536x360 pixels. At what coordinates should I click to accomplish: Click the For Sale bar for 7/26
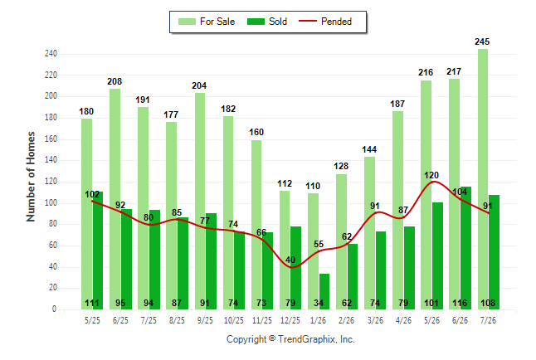point(483,179)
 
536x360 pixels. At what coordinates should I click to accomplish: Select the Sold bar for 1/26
point(324,291)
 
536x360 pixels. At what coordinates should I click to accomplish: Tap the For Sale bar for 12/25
point(285,250)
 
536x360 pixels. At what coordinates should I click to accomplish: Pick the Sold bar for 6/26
point(465,248)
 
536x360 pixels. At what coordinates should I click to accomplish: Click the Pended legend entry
point(325,22)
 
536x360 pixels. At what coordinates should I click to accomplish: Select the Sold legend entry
point(267,22)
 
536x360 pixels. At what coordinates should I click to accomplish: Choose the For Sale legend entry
point(207,22)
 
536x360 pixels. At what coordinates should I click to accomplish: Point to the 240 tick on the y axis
point(51,54)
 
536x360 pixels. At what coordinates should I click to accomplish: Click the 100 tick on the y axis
point(51,202)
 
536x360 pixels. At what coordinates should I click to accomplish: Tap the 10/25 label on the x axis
point(234,320)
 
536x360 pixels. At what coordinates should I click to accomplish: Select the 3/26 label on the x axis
point(375,320)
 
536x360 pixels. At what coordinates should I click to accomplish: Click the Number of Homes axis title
point(31,177)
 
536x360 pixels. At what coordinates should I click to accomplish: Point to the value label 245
point(482,41)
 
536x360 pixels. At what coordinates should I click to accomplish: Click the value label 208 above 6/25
point(115,81)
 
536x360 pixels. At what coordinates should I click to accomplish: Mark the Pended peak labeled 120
point(433,181)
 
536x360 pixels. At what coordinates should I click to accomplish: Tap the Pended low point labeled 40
point(290,267)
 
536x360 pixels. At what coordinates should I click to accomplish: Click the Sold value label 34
point(319,303)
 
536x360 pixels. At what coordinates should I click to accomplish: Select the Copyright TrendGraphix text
point(290,339)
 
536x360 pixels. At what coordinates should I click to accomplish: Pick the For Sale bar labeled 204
point(200,201)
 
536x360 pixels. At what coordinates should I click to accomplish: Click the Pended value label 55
point(319,244)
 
